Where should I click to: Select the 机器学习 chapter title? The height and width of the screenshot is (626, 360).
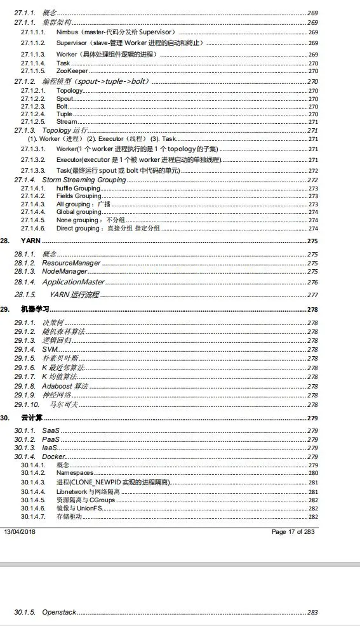pyautogui.click(x=34, y=309)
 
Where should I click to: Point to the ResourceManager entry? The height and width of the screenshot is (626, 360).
pyautogui.click(x=71, y=263)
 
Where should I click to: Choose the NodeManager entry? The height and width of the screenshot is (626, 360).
pyautogui.click(x=64, y=271)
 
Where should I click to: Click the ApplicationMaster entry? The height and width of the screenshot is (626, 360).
pyautogui.click(x=73, y=282)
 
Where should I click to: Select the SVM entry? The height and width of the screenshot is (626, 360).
pyautogui.click(x=49, y=350)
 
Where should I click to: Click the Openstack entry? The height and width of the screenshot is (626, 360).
pyautogui.click(x=59, y=612)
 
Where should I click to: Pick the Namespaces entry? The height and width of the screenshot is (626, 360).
pyautogui.click(x=75, y=473)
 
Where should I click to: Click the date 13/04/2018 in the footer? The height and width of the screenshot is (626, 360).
pyautogui.click(x=20, y=531)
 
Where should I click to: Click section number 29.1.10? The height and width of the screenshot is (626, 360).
pyautogui.click(x=27, y=404)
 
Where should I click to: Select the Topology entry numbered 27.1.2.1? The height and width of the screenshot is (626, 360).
pyautogui.click(x=69, y=91)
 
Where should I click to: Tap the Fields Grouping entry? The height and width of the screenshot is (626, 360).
pyautogui.click(x=79, y=196)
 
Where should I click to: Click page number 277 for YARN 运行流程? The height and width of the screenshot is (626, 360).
pyautogui.click(x=312, y=295)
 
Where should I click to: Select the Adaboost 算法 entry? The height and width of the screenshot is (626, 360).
pyautogui.click(x=65, y=386)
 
